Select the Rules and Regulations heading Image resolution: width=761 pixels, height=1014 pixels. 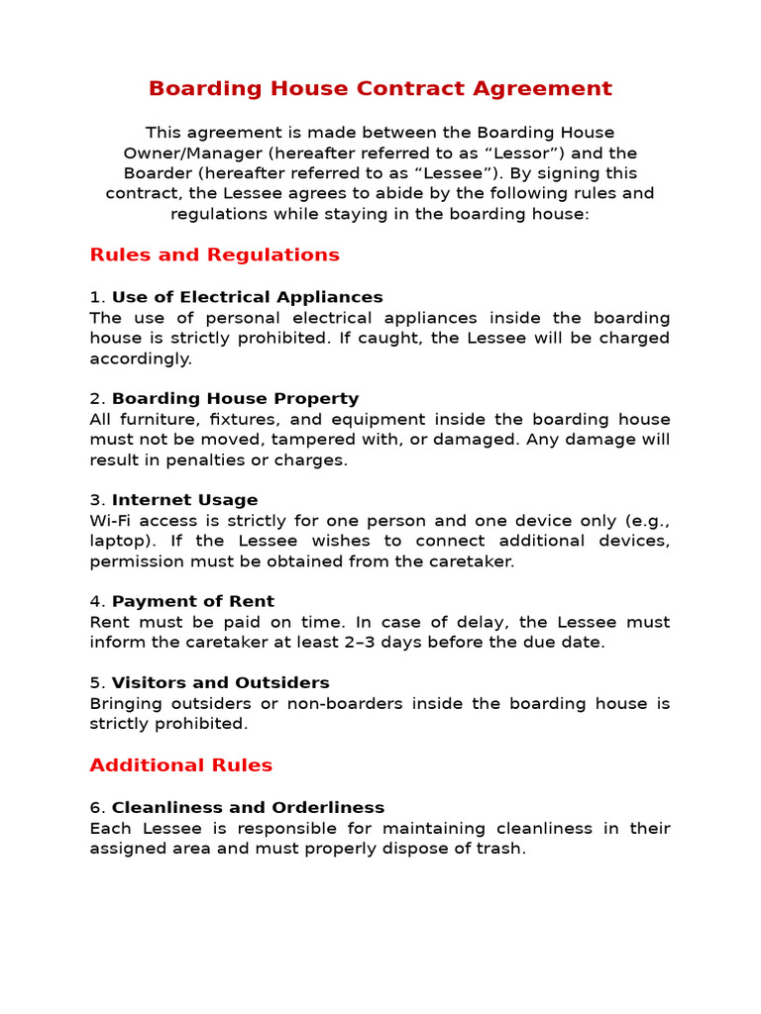pos(214,255)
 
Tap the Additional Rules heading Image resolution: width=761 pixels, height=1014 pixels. pos(180,765)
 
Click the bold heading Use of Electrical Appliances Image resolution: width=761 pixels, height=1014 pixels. pos(247,297)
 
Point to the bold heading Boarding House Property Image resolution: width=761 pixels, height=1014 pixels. pos(235,399)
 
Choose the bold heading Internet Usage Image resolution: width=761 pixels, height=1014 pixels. pos(184,501)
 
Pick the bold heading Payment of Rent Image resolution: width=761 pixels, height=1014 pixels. pos(192,602)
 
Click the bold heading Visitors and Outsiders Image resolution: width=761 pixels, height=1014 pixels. pos(220,683)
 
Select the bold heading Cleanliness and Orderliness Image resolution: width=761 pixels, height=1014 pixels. pos(248,808)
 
